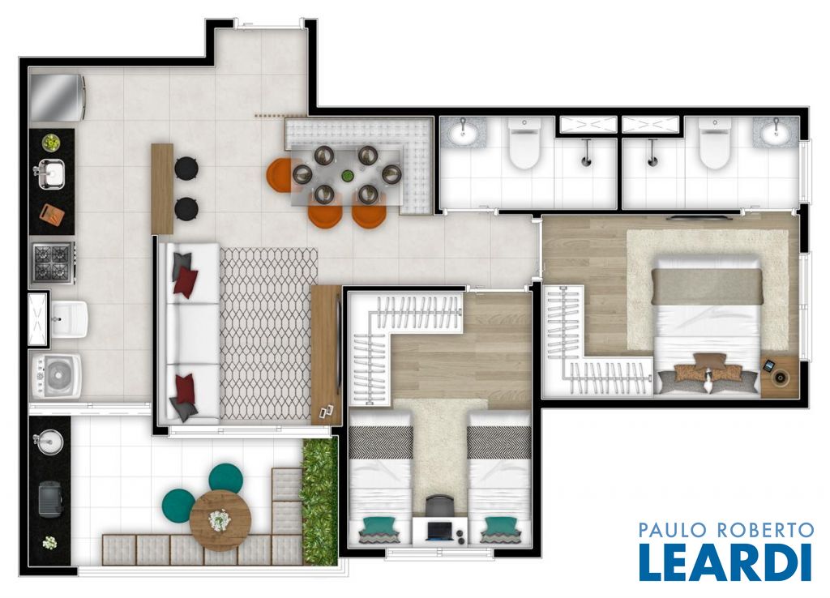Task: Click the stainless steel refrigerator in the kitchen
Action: click(x=58, y=97)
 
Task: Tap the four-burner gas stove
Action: click(x=52, y=263)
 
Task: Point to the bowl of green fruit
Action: click(x=51, y=143)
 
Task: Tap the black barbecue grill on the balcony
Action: click(x=50, y=498)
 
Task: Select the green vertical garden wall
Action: click(x=319, y=500)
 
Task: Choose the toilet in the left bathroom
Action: click(x=524, y=143)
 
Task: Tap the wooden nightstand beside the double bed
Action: click(x=780, y=375)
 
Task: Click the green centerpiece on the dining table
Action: click(x=347, y=176)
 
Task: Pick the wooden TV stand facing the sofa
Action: click(x=326, y=355)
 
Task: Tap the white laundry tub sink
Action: click(x=68, y=319)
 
